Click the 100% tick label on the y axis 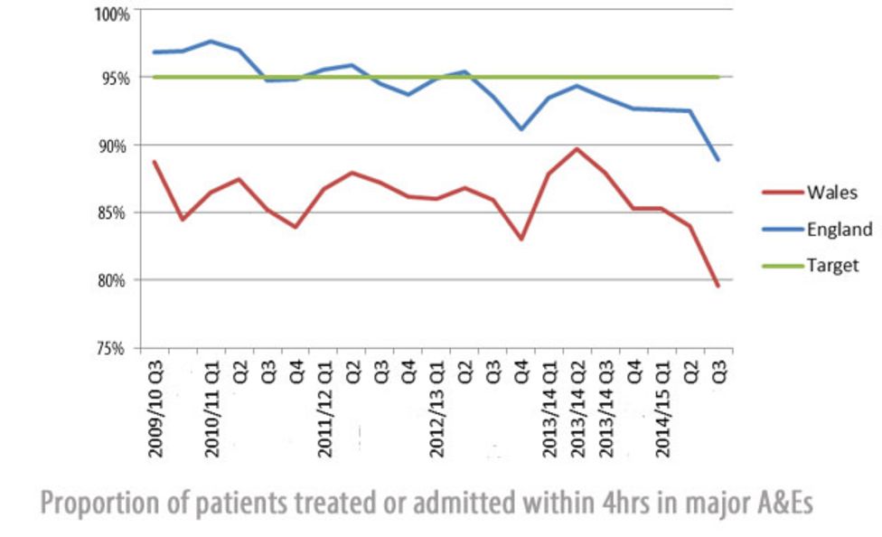[113, 14]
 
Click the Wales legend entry [831, 192]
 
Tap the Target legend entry [832, 266]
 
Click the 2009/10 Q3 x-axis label [155, 407]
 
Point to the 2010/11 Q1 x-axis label [211, 407]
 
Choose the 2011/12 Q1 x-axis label [324, 407]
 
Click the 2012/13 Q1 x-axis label [436, 407]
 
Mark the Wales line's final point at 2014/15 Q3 [718, 287]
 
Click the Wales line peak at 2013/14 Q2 [577, 149]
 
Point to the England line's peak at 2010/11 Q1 [211, 42]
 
